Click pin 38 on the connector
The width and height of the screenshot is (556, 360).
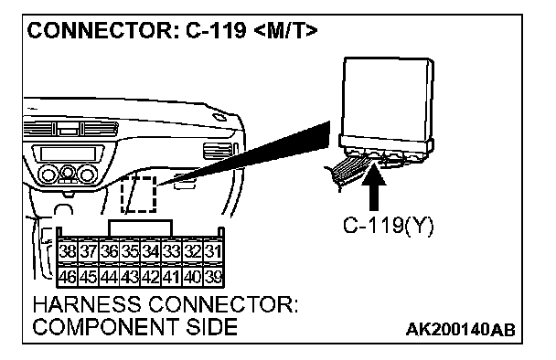pyautogui.click(x=68, y=251)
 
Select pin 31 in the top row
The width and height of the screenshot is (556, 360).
pyautogui.click(x=213, y=251)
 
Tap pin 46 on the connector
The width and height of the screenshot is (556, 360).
pyautogui.click(x=68, y=277)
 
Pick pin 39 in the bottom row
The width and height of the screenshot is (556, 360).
pyautogui.click(x=213, y=277)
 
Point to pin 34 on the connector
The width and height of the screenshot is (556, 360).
pyautogui.click(x=151, y=251)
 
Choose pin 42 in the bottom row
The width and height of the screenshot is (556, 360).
pyautogui.click(x=151, y=277)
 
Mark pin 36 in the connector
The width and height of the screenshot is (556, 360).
pyautogui.click(x=109, y=251)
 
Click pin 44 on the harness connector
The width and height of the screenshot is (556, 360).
pyautogui.click(x=109, y=277)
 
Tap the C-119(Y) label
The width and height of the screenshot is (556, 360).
pyautogui.click(x=388, y=226)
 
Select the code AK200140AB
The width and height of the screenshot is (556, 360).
pyautogui.click(x=460, y=330)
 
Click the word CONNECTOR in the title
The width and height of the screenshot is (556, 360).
pyautogui.click(x=100, y=30)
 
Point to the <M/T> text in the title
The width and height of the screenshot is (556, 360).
pyautogui.click(x=286, y=30)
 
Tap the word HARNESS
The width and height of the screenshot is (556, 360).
pyautogui.click(x=87, y=305)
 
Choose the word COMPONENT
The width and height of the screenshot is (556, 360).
pyautogui.click(x=105, y=327)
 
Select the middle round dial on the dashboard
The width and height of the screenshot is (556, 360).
pyautogui.click(x=68, y=173)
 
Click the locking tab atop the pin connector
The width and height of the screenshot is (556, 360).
pyautogui.click(x=141, y=228)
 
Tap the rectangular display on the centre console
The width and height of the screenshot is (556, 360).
pyautogui.click(x=68, y=154)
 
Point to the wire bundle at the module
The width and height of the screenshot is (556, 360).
pyautogui.click(x=349, y=173)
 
